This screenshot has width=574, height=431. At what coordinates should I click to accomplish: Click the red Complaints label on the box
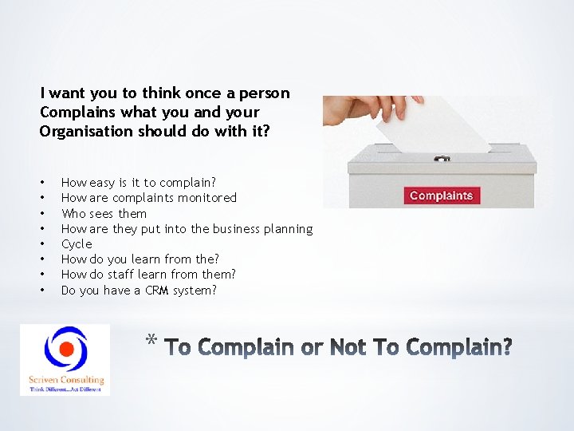pos(441,196)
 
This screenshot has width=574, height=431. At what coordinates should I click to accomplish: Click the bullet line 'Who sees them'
pos(104,213)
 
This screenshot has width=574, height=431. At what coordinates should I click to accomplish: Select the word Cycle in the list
pos(77,243)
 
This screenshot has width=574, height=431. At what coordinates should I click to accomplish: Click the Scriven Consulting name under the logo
pos(65,380)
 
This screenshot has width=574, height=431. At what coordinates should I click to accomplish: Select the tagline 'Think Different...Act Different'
pos(65,389)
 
